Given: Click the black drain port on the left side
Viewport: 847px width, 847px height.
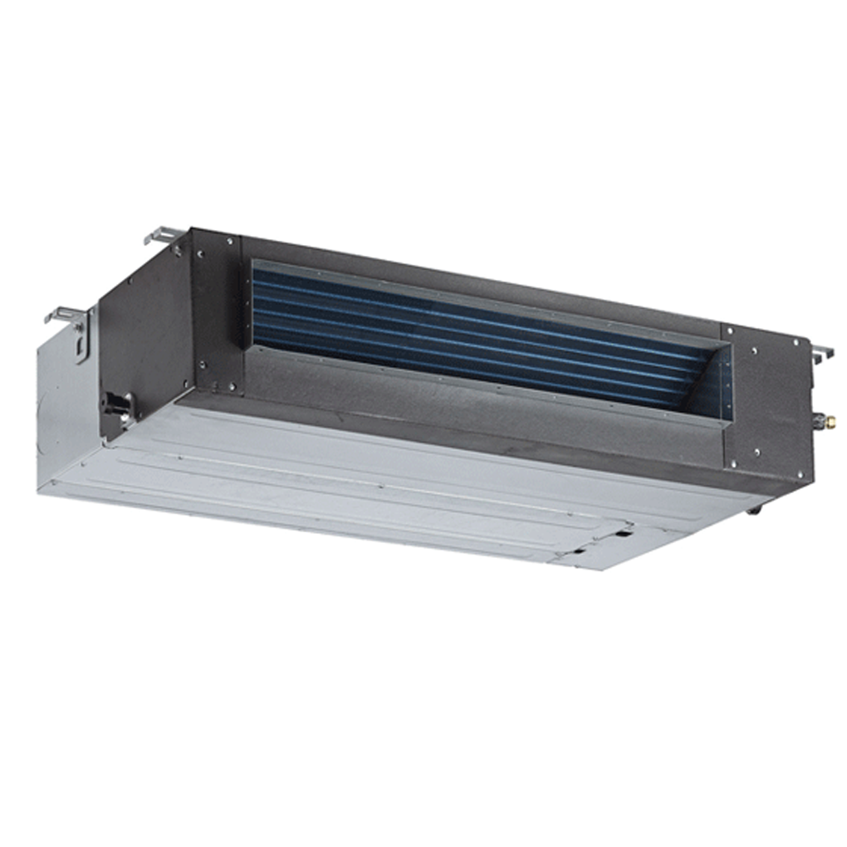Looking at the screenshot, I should point(117,404).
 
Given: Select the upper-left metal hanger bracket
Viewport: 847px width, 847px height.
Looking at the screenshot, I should point(162,237).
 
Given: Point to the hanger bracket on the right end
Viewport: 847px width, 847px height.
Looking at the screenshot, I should point(821,353).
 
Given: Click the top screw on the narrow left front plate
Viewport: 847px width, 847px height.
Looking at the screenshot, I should point(229,242).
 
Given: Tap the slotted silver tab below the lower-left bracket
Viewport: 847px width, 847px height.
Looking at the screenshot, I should point(83,345).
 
